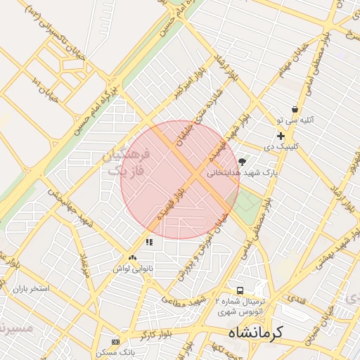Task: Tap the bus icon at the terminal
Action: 240,290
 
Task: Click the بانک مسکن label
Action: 117,351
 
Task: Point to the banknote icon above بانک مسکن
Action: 116,341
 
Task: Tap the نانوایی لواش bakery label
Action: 132,269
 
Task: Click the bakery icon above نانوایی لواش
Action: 132,258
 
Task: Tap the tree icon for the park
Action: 243,162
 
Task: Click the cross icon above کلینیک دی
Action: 281,136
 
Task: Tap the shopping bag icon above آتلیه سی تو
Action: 294,110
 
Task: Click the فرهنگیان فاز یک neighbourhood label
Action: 127,162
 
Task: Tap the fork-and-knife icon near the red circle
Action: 149,242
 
